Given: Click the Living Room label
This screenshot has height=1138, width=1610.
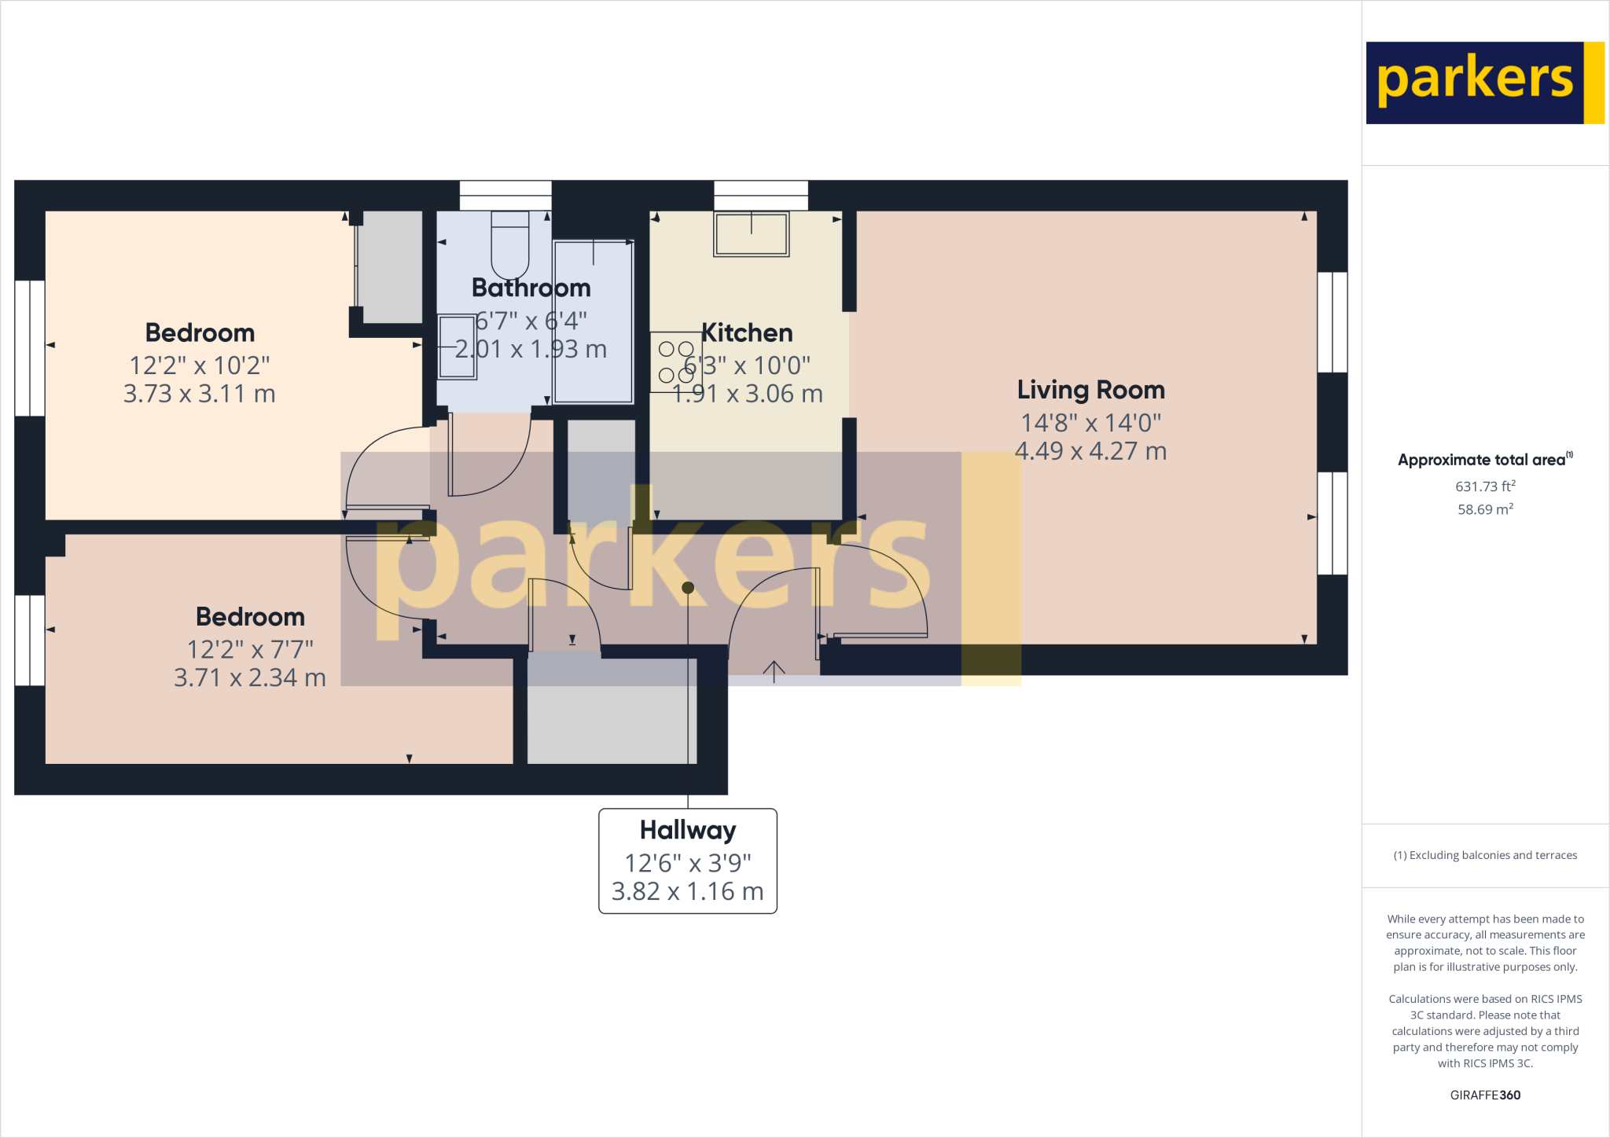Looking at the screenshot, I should (1090, 390).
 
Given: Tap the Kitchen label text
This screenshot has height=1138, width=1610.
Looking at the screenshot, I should (747, 333).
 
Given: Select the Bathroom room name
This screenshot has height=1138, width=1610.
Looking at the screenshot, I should (531, 288).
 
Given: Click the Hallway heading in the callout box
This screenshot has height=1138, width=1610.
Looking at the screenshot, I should (688, 830).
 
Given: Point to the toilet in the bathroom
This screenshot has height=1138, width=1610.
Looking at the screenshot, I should (510, 243).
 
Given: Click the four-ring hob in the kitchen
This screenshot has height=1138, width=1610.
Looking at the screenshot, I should (675, 362).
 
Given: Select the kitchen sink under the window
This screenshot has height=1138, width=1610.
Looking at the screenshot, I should (751, 234).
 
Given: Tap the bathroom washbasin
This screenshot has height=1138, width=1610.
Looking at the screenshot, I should (457, 347).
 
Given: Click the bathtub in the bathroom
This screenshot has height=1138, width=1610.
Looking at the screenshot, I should (594, 321).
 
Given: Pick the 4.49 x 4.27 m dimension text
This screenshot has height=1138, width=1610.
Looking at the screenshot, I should (1090, 451).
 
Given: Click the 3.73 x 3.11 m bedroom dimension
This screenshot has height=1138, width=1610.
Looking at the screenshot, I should (200, 394).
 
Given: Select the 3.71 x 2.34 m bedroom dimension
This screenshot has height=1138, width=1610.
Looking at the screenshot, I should (250, 677).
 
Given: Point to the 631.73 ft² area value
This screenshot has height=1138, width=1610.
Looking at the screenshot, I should (1485, 486).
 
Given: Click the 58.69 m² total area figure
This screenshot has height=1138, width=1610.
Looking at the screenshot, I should (1485, 509).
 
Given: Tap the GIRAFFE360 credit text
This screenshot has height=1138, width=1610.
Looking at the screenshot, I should (1485, 1095).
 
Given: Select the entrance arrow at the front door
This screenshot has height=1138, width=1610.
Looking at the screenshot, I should (774, 671).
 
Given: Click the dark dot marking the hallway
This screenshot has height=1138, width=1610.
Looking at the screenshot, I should (688, 588).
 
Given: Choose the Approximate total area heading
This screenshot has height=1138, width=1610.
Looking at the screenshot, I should (1484, 461).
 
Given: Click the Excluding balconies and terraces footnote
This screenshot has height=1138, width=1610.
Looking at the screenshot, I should (1485, 855).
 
